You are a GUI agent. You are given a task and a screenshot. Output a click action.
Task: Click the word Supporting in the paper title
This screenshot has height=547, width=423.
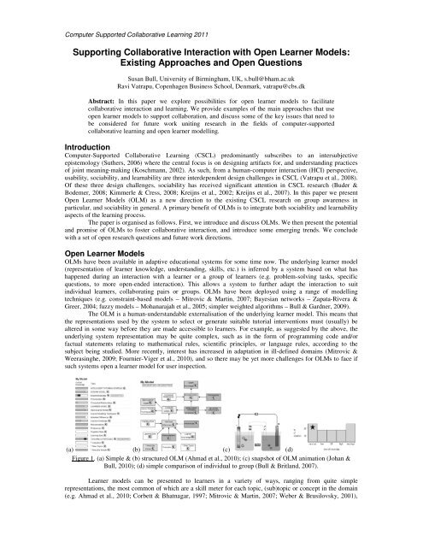pos(105,52)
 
